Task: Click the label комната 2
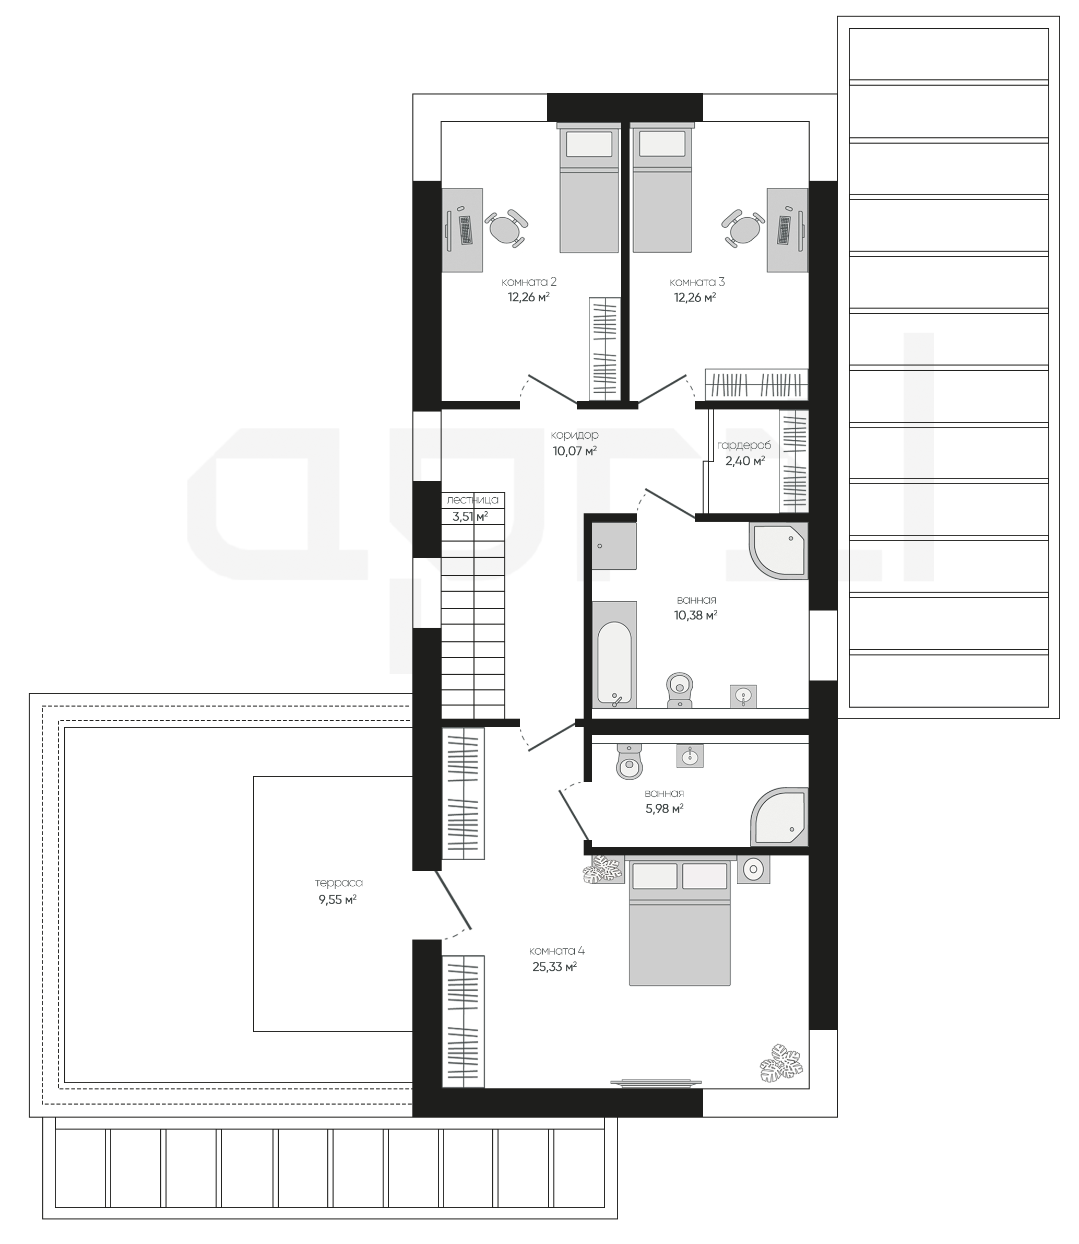[x=529, y=282]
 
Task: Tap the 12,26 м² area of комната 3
[x=695, y=297]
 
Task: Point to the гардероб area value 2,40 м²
[x=745, y=461]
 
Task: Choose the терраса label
[x=339, y=883]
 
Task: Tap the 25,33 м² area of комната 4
[x=554, y=967]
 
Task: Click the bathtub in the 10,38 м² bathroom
[x=614, y=655]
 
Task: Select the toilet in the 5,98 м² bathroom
[x=630, y=761]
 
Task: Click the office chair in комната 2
[x=506, y=228]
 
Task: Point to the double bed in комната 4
[x=679, y=921]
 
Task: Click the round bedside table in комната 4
[x=753, y=870]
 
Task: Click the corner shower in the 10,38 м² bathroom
[x=778, y=551]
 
